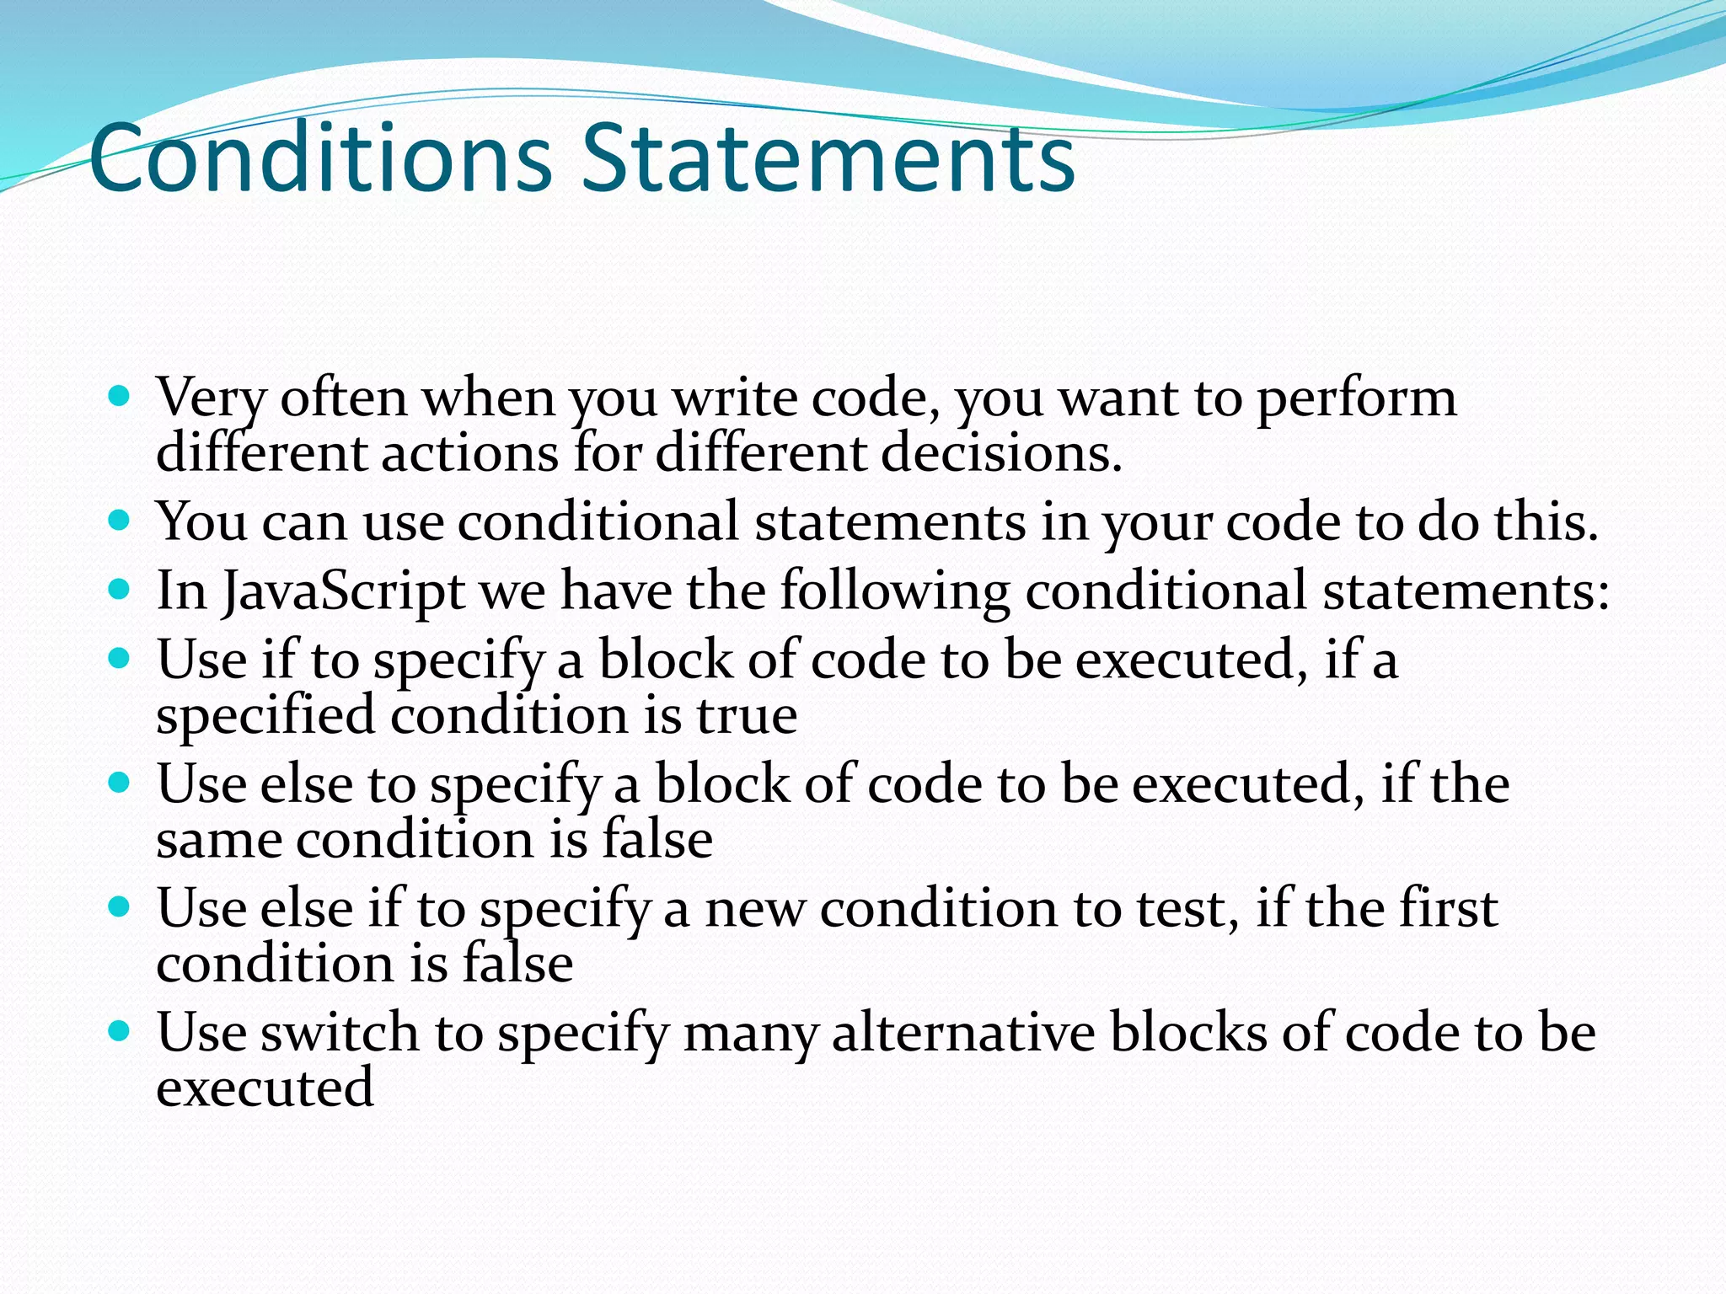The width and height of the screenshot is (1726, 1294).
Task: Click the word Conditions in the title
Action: pos(320,158)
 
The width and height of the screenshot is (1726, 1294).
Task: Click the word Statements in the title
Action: pos(828,158)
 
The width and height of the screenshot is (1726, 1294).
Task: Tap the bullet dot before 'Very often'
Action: pos(120,395)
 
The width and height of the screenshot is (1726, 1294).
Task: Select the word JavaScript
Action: pos(343,591)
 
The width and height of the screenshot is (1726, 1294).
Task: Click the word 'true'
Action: pos(746,716)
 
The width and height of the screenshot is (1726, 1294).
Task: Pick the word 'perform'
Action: pos(1356,398)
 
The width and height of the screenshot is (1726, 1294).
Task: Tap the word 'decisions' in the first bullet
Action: pos(1000,453)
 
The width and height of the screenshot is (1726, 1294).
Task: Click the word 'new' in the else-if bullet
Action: pos(754,910)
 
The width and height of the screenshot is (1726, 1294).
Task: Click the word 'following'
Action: pos(894,591)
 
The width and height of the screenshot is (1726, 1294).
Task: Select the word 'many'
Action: pos(749,1034)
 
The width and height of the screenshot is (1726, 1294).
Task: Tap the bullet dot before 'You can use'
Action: pos(120,520)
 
